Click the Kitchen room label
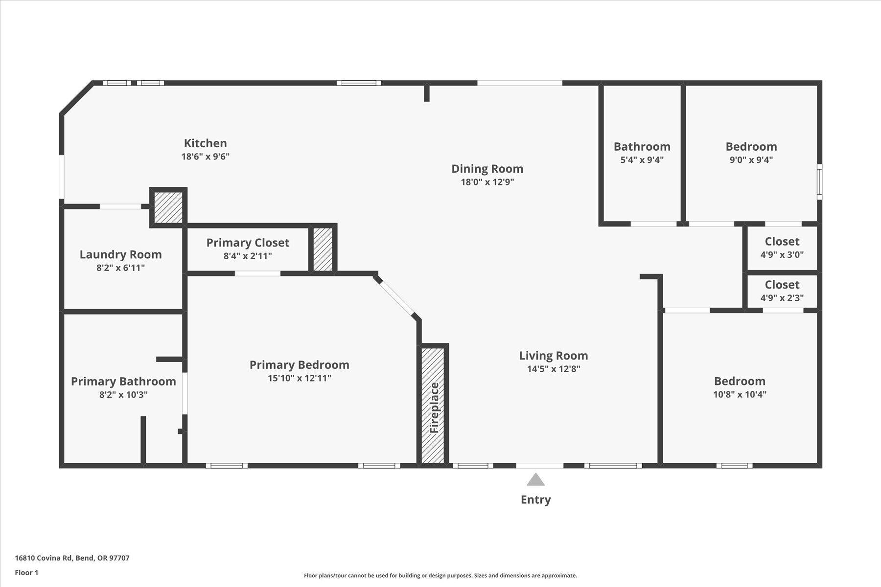[x=205, y=143]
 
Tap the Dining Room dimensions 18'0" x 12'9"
[x=487, y=182]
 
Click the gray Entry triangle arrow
[x=535, y=479]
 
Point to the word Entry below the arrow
[x=535, y=499]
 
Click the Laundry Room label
[x=120, y=254]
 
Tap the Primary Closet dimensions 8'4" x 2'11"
[x=248, y=256]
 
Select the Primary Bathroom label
[x=123, y=382]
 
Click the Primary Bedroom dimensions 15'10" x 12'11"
[x=299, y=378]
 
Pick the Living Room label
[x=553, y=356]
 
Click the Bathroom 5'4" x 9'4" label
[x=642, y=147]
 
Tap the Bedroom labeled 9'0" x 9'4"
[x=751, y=147]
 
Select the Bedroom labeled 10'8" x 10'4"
[x=739, y=381]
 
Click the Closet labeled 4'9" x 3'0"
[x=782, y=242]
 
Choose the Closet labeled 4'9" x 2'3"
[x=782, y=285]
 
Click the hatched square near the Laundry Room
[x=168, y=207]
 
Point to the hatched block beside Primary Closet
[x=323, y=249]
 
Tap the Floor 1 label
[x=26, y=572]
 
